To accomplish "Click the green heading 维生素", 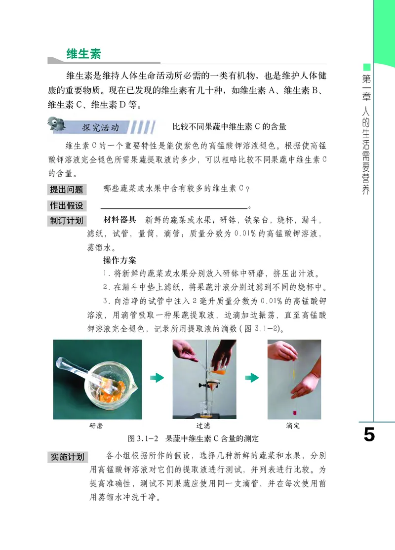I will point(83,54).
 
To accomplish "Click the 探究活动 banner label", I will point(101,128).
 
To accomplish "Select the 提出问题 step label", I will point(66,190).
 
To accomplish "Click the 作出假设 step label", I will point(66,206).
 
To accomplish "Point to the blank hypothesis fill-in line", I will point(174,208).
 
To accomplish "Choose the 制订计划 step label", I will point(66,221).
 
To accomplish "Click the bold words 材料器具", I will point(119,220).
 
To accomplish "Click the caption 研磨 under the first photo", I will point(97,426).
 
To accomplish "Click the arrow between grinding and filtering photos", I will point(157,378).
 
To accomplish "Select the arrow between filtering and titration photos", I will point(252,378).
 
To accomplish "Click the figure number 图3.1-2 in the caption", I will point(142,438).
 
